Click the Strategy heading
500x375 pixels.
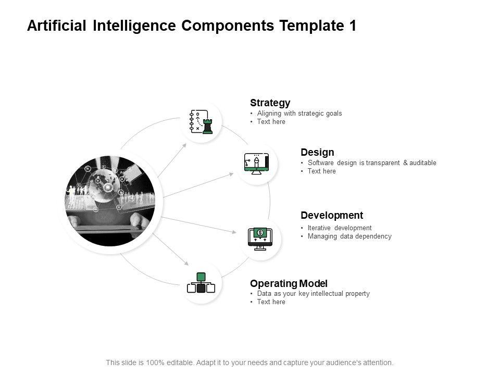[x=270, y=103]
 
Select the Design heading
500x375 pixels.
[x=317, y=152]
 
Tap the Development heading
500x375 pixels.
[x=332, y=215]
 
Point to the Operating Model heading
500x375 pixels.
[x=289, y=283]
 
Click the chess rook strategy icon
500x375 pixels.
[x=201, y=122]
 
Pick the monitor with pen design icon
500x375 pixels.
[x=256, y=163]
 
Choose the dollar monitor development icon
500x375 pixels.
[x=260, y=239]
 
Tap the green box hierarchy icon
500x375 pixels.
[x=201, y=283]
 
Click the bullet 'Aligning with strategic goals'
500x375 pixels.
[x=299, y=114]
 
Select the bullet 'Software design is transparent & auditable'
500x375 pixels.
[x=372, y=163]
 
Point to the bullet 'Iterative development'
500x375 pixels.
[x=340, y=228]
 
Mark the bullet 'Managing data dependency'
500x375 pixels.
[x=349, y=236]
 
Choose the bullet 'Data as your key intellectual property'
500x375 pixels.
[x=313, y=294]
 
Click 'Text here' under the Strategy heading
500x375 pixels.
[x=271, y=122]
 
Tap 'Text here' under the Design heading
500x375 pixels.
[x=322, y=171]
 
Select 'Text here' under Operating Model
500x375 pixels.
[x=271, y=302]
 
